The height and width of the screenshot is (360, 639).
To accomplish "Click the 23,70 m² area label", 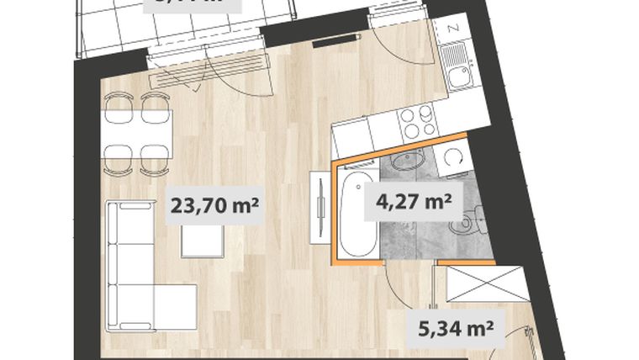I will tap(214, 204).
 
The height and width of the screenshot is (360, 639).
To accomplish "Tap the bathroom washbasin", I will tap(409, 161).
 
